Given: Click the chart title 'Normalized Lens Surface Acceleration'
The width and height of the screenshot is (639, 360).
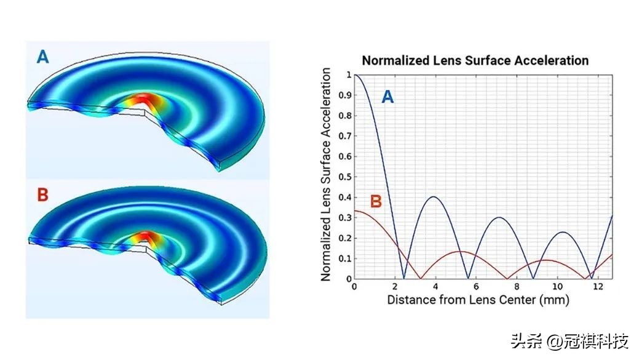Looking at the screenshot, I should tap(475, 61).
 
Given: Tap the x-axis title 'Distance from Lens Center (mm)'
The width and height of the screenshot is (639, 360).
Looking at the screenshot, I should tap(478, 300).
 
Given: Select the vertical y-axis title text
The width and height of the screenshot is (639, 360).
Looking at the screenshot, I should tap(327, 175).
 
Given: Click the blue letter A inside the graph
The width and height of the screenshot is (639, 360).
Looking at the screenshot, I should tap(387, 96).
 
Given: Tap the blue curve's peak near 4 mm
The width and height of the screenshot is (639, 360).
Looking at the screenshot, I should tap(434, 197).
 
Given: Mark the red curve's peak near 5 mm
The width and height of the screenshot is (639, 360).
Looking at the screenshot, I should tap(461, 251).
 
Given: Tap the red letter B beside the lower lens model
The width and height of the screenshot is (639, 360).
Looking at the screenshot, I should tap(43, 195).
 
